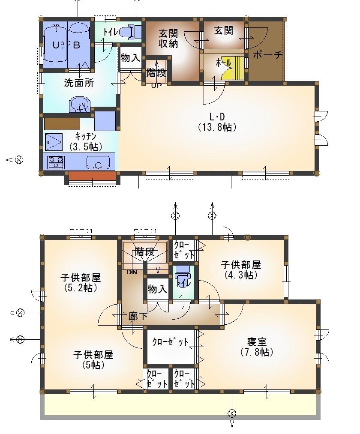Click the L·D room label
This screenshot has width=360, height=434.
pos(217,116)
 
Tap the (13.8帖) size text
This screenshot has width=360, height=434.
pos(217,127)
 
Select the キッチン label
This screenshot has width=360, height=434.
pos(85,137)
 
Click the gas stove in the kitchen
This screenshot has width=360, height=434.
pos(56,162)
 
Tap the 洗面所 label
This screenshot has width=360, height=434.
pos(79,83)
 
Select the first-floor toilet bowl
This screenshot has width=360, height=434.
pos(132,31)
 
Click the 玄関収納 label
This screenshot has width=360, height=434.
pos(168,38)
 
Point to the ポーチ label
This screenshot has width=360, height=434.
pos(268,55)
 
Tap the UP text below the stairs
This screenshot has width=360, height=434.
pos(156,85)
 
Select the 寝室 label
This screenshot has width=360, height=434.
pos(257,342)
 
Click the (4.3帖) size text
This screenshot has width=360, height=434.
pos(241,275)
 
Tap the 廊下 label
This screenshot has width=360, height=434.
pos(138,317)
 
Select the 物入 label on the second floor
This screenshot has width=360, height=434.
pos(157,289)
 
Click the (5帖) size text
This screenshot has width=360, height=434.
pos(93,365)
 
